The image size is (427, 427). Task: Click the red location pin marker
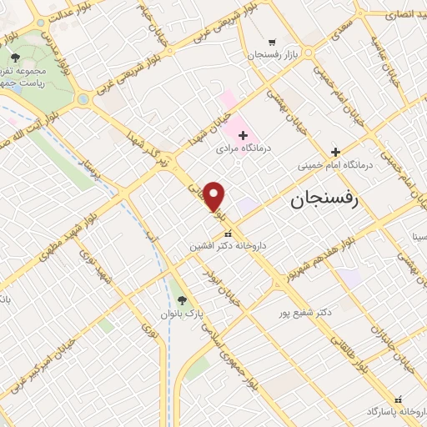coord(215,197)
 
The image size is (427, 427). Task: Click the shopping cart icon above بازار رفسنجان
coord(272,42)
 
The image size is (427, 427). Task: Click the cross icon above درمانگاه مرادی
coord(243,134)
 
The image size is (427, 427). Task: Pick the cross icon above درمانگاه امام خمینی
coord(335,153)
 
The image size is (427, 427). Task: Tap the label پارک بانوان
coord(182,314)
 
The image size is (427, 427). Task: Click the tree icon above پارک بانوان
coord(182,301)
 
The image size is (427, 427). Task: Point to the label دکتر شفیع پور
coord(306,312)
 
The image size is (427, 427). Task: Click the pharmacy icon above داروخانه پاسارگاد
coord(397,399)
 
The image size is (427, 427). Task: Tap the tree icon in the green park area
coord(16,58)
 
